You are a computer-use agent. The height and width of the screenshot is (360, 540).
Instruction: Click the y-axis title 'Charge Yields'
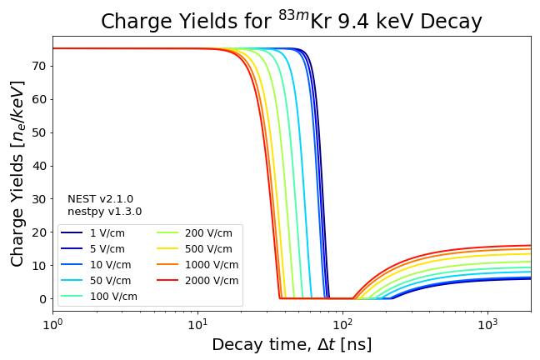[17, 173]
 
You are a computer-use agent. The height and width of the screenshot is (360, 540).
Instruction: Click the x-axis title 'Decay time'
[292, 344]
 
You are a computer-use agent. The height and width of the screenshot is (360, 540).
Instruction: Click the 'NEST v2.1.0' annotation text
[100, 199]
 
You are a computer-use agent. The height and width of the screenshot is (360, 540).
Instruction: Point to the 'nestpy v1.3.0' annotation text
[104, 212]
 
